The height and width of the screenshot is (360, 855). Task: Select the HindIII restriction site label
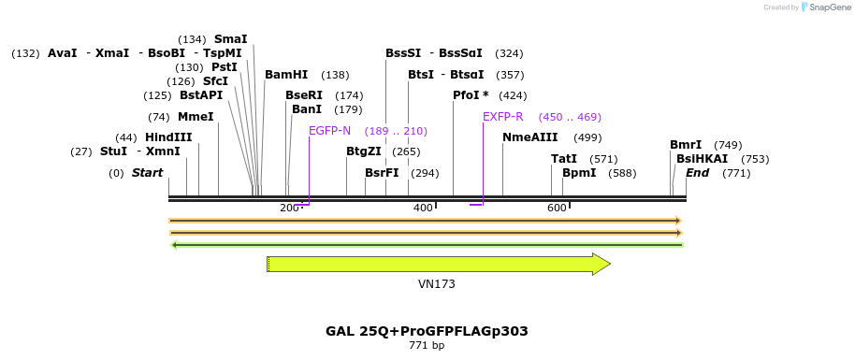tap(168, 137)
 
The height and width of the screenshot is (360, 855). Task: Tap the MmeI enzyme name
tap(196, 117)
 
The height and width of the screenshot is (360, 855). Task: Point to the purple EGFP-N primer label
tap(329, 131)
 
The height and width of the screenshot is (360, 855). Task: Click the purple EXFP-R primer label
tap(503, 117)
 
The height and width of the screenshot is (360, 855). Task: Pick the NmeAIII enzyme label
tap(529, 137)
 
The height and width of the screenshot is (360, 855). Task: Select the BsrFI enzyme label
tap(382, 173)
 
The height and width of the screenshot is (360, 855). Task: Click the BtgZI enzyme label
tap(364, 151)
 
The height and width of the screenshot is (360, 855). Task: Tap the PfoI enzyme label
tap(471, 95)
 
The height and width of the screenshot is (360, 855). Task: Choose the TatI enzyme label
tap(564, 159)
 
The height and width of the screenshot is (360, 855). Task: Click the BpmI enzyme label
tap(579, 173)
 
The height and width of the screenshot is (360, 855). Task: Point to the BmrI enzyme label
tap(686, 145)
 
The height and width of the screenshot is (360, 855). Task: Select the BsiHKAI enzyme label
tap(702, 159)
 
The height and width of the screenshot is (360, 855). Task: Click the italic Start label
tap(148, 173)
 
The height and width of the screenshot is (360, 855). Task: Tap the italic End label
tap(698, 173)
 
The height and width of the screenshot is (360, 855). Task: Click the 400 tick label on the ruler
tap(423, 208)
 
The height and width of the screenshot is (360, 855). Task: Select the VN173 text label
tap(437, 284)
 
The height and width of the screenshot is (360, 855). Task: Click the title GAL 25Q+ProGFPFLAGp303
tap(427, 331)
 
